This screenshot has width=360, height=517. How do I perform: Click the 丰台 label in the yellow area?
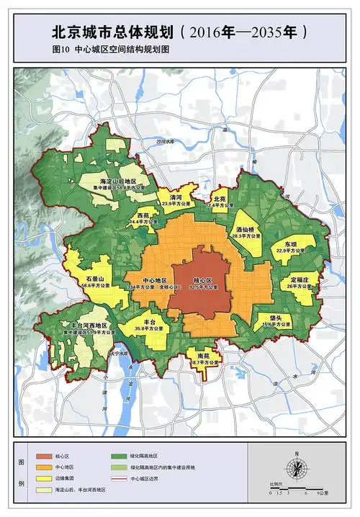click(150, 321)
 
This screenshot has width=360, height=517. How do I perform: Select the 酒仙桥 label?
click(248, 229)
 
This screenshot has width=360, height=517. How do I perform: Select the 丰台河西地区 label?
click(84, 325)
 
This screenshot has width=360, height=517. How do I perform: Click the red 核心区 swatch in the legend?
click(41, 457)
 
